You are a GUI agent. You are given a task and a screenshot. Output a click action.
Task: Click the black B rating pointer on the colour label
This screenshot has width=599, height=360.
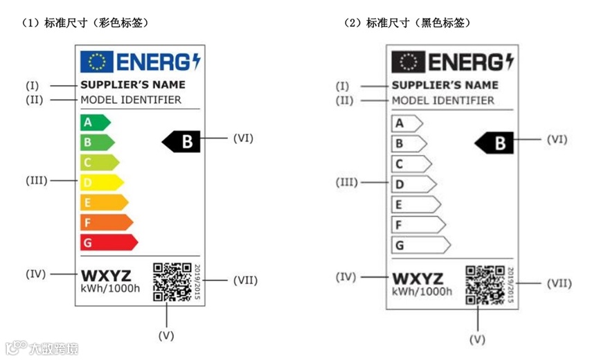(182, 142)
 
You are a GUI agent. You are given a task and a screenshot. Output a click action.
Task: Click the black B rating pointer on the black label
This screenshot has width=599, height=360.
(494, 143)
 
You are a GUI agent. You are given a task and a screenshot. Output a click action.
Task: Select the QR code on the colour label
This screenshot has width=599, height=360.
(172, 282)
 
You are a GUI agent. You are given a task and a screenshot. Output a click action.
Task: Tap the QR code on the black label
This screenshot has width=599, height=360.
(485, 284)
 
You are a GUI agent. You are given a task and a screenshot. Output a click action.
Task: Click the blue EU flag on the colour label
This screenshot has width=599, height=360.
(96, 62)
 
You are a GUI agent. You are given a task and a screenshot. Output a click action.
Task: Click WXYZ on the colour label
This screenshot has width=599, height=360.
(106, 276)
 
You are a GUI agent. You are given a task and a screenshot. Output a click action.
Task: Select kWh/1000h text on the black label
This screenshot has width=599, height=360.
(422, 291)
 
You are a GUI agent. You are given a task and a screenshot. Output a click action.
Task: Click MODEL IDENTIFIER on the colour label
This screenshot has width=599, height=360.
(131, 100)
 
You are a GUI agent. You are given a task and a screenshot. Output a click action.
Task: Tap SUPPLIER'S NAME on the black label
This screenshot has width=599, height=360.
(445, 85)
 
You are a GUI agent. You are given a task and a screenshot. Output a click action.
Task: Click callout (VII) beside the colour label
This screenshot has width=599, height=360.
(246, 280)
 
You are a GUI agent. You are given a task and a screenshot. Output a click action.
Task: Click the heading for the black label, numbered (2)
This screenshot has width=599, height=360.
(408, 23)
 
